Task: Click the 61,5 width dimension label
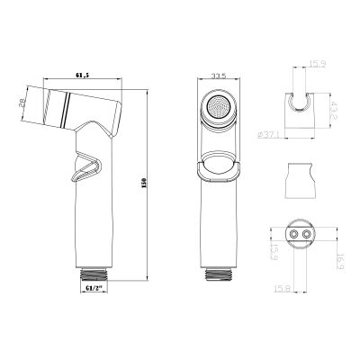coord(82,76)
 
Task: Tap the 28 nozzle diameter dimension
coord(22,104)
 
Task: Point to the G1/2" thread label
coord(94,288)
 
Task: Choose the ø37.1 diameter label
coord(269,135)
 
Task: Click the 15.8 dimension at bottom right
coord(282,289)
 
